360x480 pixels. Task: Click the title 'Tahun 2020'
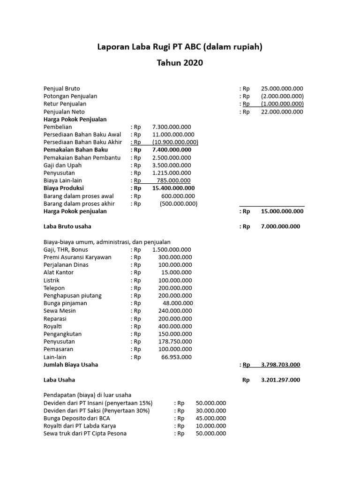coord(180,63)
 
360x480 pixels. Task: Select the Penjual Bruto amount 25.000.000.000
coord(282,89)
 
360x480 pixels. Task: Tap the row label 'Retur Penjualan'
coord(65,104)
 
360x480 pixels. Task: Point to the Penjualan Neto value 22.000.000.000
coord(282,112)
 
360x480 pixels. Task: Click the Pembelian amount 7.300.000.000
coord(172,127)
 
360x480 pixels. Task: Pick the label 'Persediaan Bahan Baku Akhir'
coord(82,142)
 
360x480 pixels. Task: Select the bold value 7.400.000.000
coord(172,150)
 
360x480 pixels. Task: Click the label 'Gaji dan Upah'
coord(62,165)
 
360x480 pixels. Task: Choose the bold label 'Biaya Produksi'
coord(64,188)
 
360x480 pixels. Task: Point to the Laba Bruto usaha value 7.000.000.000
coord(280,226)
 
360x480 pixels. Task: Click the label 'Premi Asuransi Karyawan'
coord(77,257)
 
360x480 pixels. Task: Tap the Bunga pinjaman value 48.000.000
coord(178,303)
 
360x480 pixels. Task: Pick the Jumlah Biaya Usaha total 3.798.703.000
coord(280,365)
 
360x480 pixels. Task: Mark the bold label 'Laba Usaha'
coord(59,380)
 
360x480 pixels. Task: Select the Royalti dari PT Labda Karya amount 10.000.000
coord(211,426)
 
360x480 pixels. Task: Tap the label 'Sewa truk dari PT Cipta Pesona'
coord(85,434)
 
